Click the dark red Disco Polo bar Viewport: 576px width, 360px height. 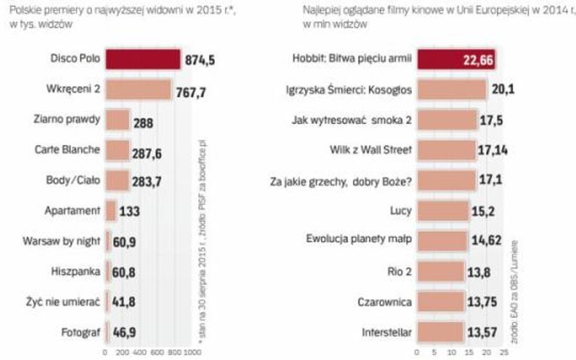(x=143, y=59)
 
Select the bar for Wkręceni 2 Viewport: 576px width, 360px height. (x=138, y=90)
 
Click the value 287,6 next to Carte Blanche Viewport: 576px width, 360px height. (x=148, y=152)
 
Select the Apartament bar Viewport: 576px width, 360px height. (x=111, y=211)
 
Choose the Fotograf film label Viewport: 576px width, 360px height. (x=82, y=331)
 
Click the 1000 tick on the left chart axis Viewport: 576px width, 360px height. (x=193, y=352)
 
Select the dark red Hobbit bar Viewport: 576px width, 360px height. (x=456, y=59)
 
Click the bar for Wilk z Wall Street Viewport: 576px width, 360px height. (x=447, y=150)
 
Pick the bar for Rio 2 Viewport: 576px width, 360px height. (x=441, y=271)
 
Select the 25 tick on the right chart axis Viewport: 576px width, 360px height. (x=503, y=352)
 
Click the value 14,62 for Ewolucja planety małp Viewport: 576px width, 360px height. (x=486, y=241)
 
